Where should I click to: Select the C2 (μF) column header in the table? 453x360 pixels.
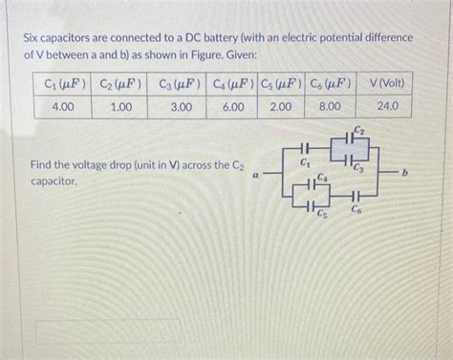point(120,84)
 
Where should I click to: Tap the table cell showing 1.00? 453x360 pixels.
point(120,107)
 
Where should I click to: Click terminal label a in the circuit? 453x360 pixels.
point(255,175)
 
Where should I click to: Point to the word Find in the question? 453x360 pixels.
point(43,165)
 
